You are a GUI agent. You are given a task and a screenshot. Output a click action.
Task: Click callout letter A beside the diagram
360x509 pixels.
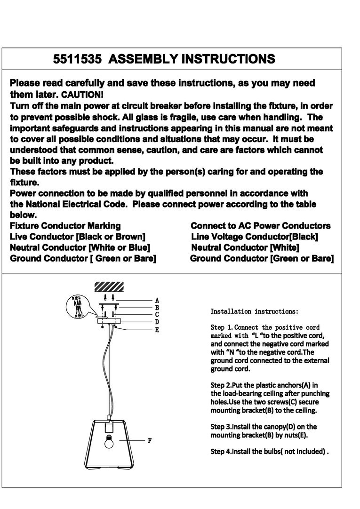pyautogui.click(x=157, y=300)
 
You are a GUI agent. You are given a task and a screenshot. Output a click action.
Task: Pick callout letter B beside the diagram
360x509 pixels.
pyautogui.click(x=157, y=307)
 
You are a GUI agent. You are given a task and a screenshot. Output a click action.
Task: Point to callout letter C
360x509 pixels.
pyautogui.click(x=157, y=314)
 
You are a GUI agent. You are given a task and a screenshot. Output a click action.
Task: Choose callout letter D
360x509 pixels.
pyautogui.click(x=157, y=322)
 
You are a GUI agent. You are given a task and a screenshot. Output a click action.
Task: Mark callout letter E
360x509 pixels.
pyautogui.click(x=157, y=330)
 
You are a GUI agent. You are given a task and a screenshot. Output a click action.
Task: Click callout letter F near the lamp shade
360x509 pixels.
pyautogui.click(x=150, y=441)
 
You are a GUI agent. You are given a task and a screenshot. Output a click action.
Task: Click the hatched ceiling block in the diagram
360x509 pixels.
pyautogui.click(x=109, y=286)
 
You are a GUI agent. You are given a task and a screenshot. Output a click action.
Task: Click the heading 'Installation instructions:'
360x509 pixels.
pyautogui.click(x=254, y=311)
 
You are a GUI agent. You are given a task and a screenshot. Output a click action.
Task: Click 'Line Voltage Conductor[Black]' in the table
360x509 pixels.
pyautogui.click(x=255, y=237)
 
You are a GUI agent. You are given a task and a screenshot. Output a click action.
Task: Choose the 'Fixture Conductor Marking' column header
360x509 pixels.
pyautogui.click(x=65, y=226)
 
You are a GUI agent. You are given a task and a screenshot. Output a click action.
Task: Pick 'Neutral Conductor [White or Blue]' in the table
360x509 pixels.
pyautogui.click(x=80, y=247)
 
